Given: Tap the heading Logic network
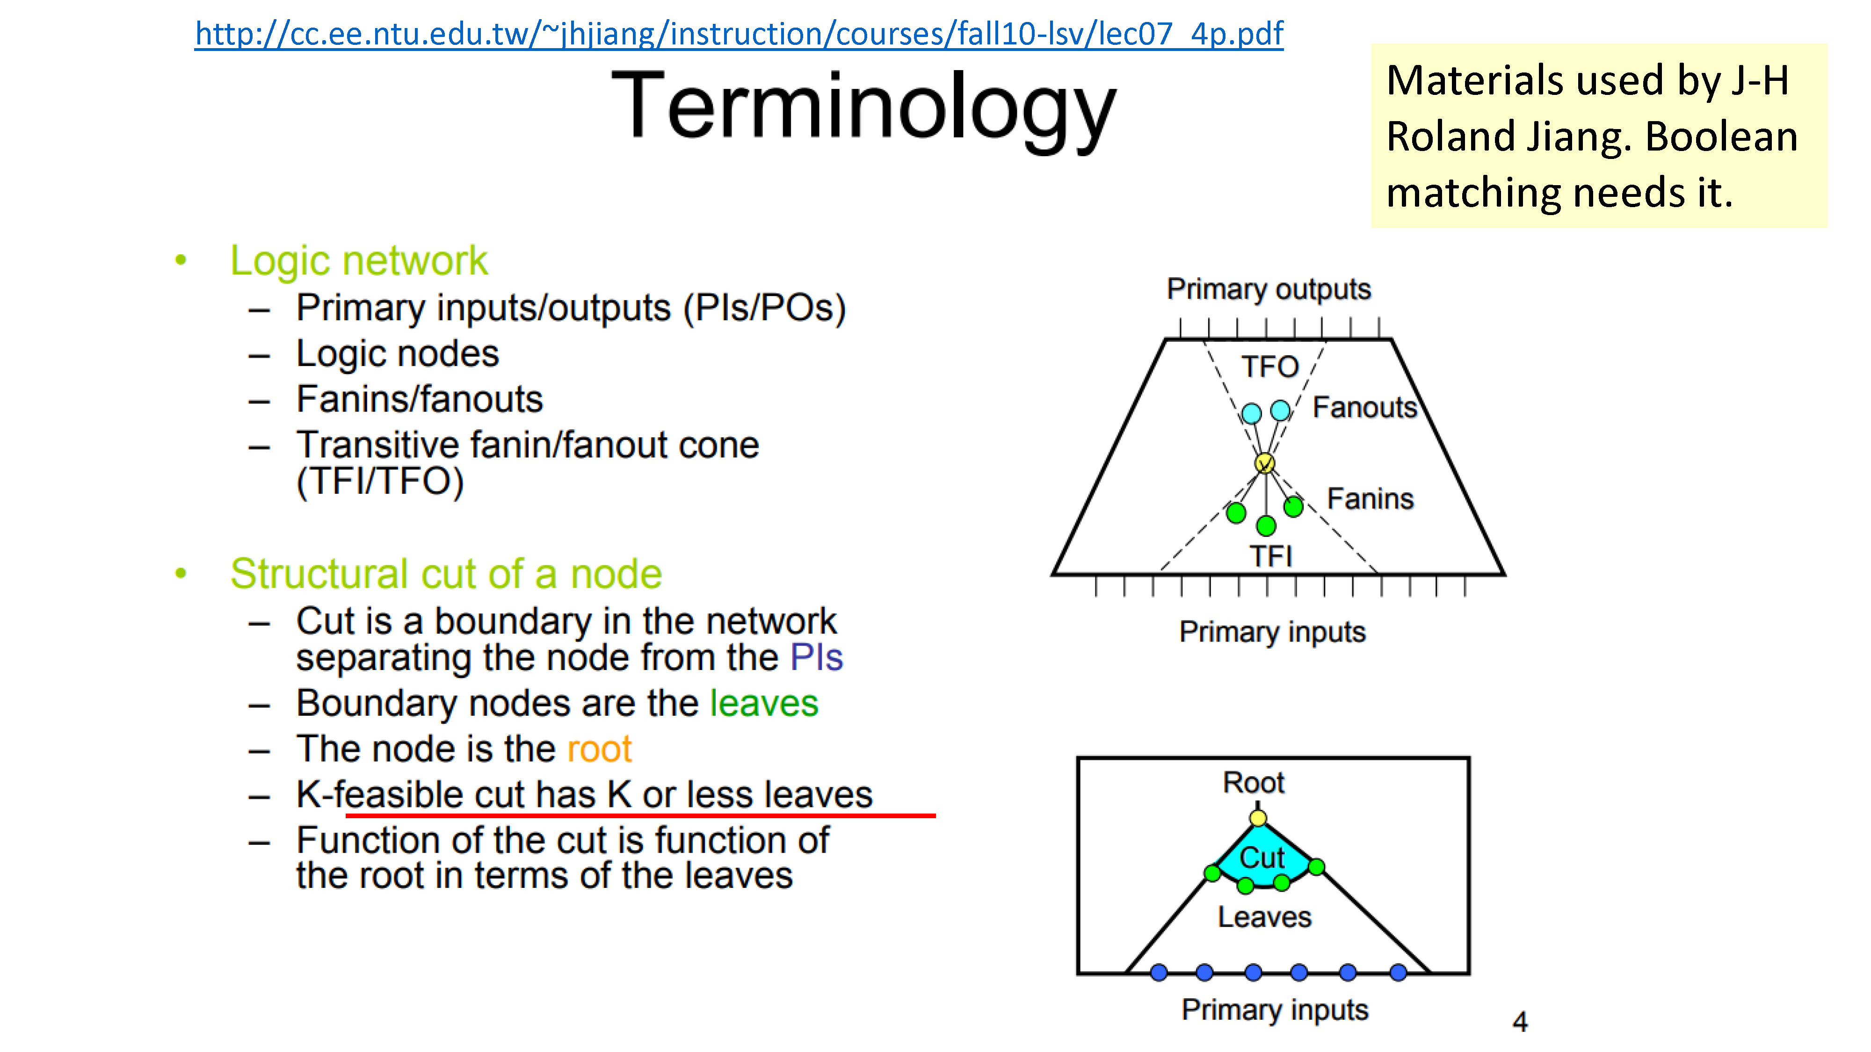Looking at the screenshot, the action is click(359, 260).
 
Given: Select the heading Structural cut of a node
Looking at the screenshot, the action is click(446, 574).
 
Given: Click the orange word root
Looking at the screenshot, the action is click(599, 749).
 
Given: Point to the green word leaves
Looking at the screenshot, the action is click(764, 703).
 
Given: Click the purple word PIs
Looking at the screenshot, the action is click(816, 657).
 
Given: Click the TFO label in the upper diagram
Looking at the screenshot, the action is click(1269, 367).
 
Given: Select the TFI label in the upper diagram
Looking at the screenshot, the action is click(1271, 556).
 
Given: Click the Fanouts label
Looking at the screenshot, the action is click(1365, 407).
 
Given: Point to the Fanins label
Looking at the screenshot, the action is click(1371, 499).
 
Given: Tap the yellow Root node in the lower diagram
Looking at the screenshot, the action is click(1258, 818).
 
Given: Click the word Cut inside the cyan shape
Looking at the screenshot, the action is click(1262, 857).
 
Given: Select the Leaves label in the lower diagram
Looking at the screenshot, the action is click(1264, 917).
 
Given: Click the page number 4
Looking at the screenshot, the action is click(1520, 1022).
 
